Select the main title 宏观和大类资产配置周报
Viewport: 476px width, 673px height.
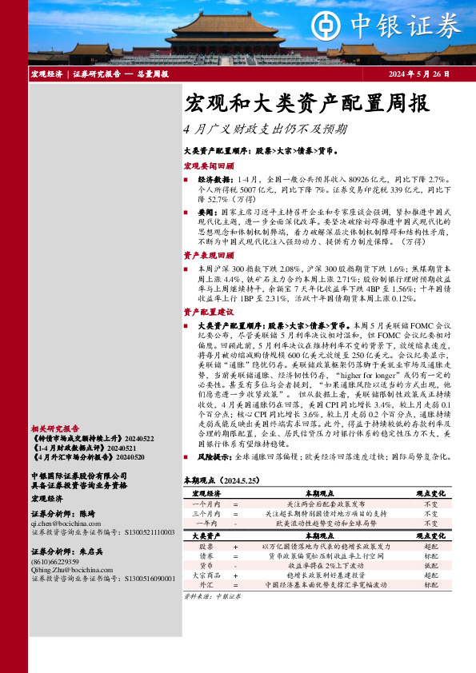click(295, 104)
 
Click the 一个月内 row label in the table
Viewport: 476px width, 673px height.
click(206, 504)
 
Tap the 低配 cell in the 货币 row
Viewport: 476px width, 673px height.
click(430, 564)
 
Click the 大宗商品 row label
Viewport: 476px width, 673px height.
click(206, 574)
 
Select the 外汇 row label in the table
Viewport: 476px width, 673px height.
click(206, 584)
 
